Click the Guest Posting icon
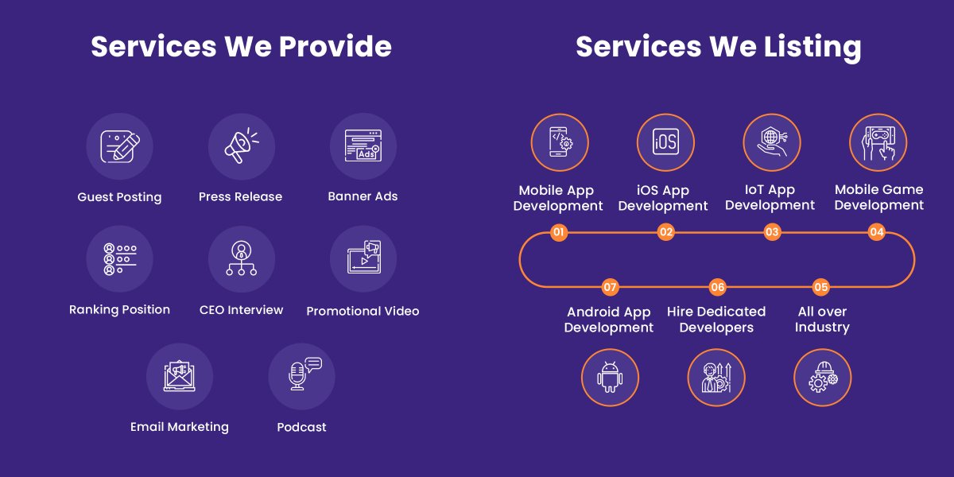click(x=120, y=146)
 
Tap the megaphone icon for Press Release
click(x=242, y=145)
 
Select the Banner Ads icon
click(x=363, y=145)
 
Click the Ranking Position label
click(x=120, y=309)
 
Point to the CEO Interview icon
click(x=242, y=258)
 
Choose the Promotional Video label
click(x=363, y=311)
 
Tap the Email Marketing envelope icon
click(x=180, y=376)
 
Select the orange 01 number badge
click(x=559, y=232)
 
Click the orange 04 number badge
click(x=876, y=232)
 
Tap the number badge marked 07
click(x=610, y=287)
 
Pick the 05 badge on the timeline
click(x=820, y=287)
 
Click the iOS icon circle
click(x=665, y=142)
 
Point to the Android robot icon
click(x=610, y=377)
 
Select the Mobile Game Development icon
click(x=878, y=142)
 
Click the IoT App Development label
click(x=770, y=197)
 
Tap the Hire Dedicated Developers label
click(x=716, y=320)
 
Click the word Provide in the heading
click(x=335, y=46)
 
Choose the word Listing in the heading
click(x=812, y=48)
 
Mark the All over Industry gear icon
click(x=823, y=377)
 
